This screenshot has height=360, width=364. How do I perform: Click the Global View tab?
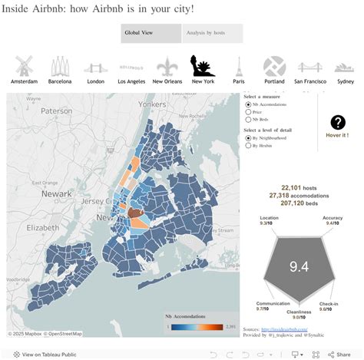point(151,33)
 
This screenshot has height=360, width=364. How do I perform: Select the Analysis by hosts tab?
point(213,33)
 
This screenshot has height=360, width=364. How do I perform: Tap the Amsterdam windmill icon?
point(25,66)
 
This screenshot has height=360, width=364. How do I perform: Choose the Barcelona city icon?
point(60,66)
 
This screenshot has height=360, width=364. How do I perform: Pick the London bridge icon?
point(95,67)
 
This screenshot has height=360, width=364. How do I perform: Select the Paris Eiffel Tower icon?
point(239,66)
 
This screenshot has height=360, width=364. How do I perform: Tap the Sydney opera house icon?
point(345,67)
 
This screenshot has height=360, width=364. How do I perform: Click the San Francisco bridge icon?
point(310,67)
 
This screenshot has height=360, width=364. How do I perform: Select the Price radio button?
point(247,112)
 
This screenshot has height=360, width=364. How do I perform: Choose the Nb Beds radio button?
point(247,120)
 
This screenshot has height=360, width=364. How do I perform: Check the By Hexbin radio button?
point(247,145)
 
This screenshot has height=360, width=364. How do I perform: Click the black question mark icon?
point(338,122)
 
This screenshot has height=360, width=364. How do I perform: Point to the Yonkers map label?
point(152,104)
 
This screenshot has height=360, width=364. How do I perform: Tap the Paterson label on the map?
point(55,111)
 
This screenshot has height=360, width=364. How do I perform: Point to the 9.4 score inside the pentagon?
point(299,266)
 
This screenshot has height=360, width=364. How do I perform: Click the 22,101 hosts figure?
point(299,187)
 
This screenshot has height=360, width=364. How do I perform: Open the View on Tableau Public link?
point(47,354)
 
